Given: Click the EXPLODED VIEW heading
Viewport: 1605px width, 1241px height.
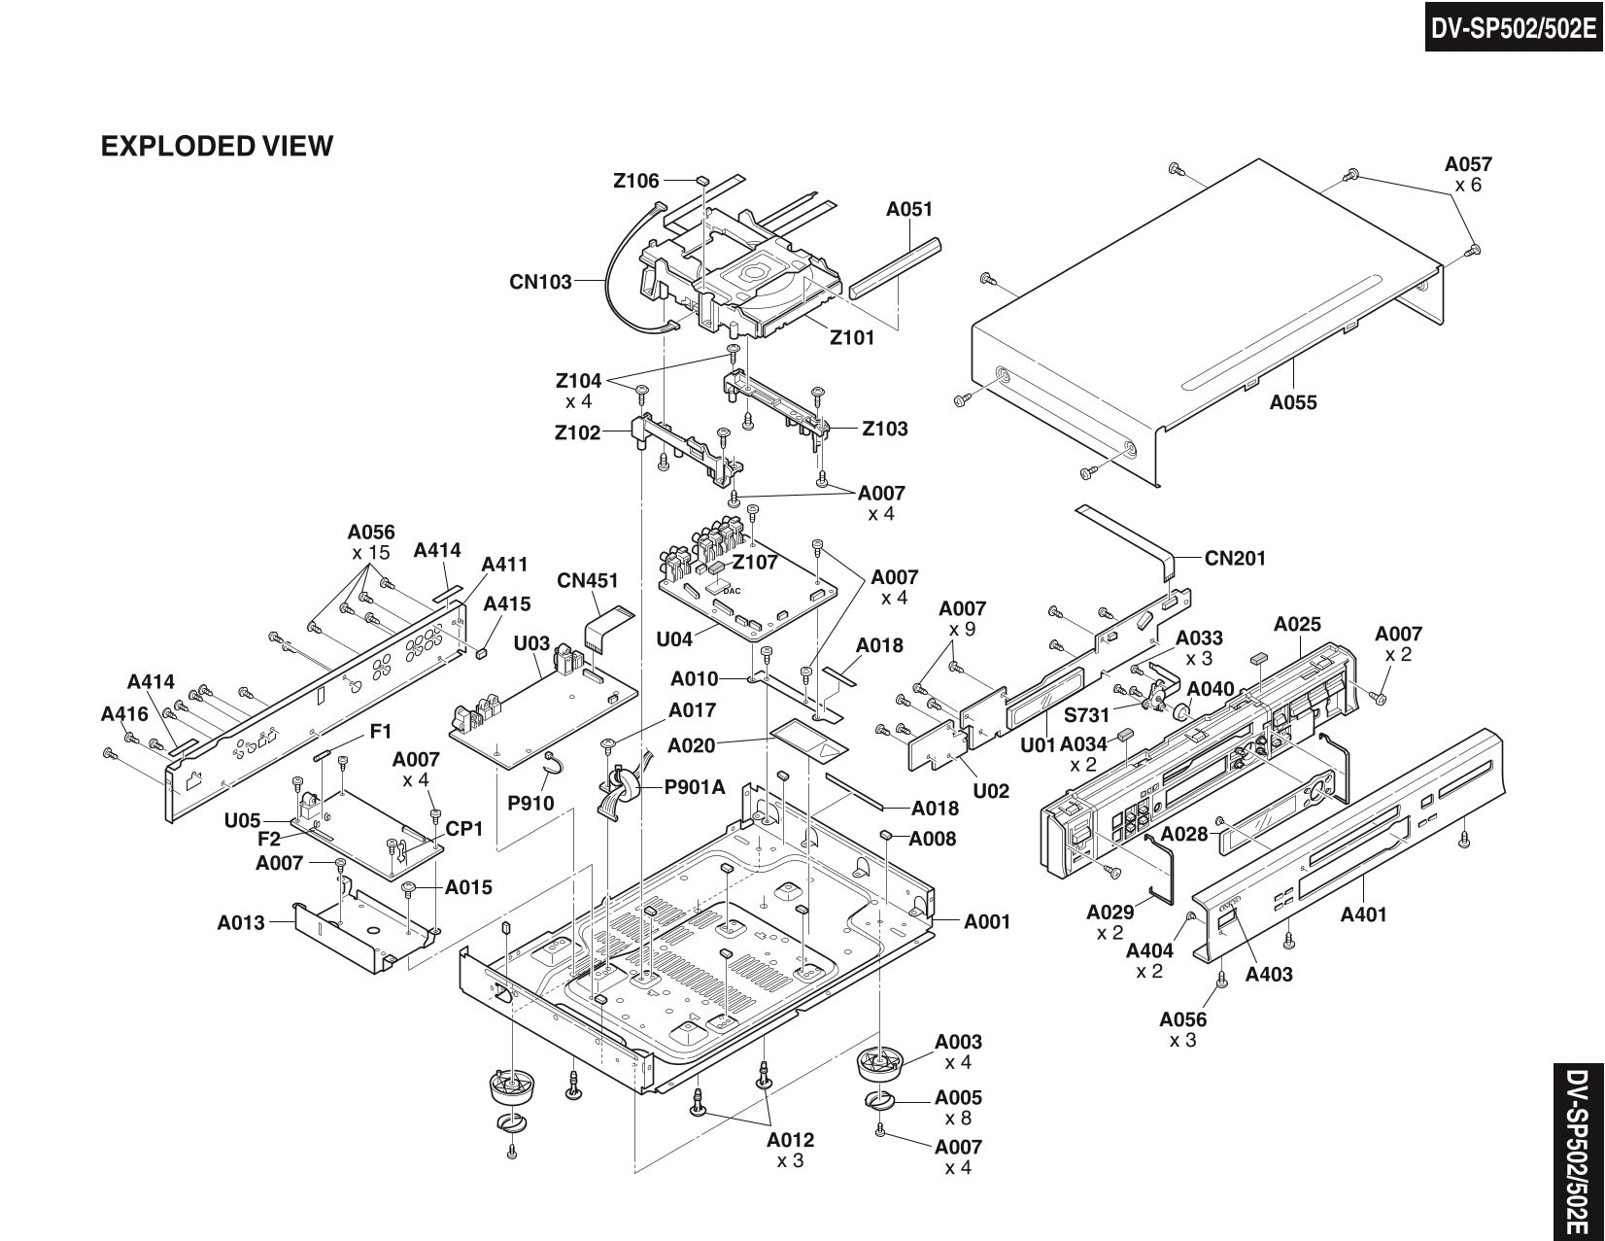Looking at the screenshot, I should [217, 146].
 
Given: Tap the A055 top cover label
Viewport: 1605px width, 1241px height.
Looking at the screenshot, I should [1293, 402].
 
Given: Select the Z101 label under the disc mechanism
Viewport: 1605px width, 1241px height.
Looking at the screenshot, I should [852, 338].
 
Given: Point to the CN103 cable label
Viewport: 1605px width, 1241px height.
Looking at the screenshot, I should [540, 282].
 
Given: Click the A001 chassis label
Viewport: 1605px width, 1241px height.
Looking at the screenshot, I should [987, 921].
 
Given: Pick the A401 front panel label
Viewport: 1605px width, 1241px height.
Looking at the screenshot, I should [1363, 914].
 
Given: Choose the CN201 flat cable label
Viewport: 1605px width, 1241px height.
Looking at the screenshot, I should [1235, 558].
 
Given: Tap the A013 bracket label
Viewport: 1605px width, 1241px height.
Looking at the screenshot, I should [241, 922].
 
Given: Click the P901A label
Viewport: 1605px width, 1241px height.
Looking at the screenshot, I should [695, 787].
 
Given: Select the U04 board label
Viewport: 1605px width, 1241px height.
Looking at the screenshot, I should [674, 638].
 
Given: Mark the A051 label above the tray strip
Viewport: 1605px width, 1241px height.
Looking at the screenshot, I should [909, 209].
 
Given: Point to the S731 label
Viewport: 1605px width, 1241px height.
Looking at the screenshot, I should [1086, 715].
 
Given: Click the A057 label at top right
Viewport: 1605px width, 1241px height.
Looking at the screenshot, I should [1468, 164].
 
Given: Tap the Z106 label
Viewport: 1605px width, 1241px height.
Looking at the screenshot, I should [636, 181].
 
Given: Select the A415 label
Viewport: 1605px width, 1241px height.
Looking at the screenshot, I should [507, 603].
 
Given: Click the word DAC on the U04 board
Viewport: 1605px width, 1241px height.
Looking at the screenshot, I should [732, 591].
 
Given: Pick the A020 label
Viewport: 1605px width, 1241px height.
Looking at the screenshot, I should [691, 745].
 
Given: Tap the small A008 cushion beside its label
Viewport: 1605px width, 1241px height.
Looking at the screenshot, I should [886, 835].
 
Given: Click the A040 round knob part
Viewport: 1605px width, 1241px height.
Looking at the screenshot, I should [1182, 712].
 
